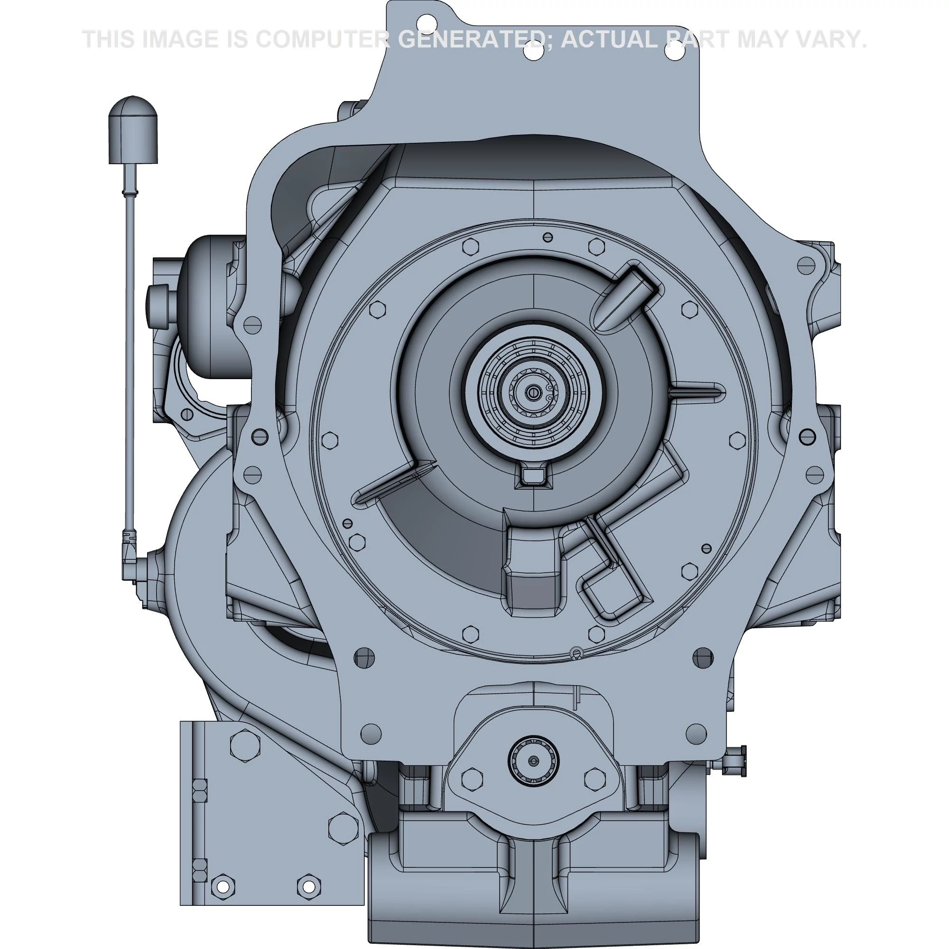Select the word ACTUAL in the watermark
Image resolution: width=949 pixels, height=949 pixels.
609,39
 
